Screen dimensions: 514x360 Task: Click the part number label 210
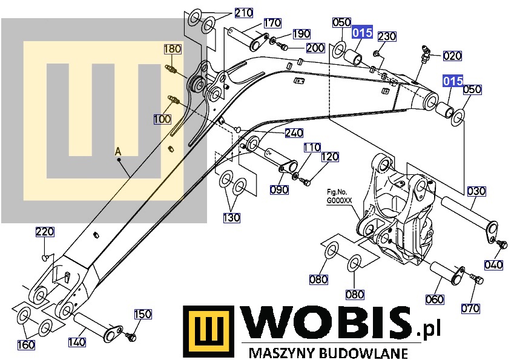(244, 13)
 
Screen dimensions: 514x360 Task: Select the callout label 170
(272, 23)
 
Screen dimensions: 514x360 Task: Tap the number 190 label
(301, 34)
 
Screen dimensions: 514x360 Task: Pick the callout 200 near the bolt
(315, 48)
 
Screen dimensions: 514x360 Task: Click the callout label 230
(387, 36)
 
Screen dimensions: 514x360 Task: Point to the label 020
(452, 56)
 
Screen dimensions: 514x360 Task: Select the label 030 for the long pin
(476, 191)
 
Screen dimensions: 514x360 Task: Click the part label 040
(493, 264)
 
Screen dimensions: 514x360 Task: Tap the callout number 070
(470, 308)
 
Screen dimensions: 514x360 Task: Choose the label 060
(435, 299)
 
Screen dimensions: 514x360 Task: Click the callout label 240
(294, 133)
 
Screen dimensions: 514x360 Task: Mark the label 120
(330, 157)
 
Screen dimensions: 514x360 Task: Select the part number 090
(279, 189)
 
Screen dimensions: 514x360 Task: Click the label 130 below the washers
(231, 217)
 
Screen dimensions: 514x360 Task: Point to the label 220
(45, 232)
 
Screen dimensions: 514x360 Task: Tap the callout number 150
(143, 314)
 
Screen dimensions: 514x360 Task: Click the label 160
(26, 345)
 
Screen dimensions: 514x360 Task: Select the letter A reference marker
(118, 152)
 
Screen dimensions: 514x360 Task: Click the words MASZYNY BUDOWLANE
(329, 353)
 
